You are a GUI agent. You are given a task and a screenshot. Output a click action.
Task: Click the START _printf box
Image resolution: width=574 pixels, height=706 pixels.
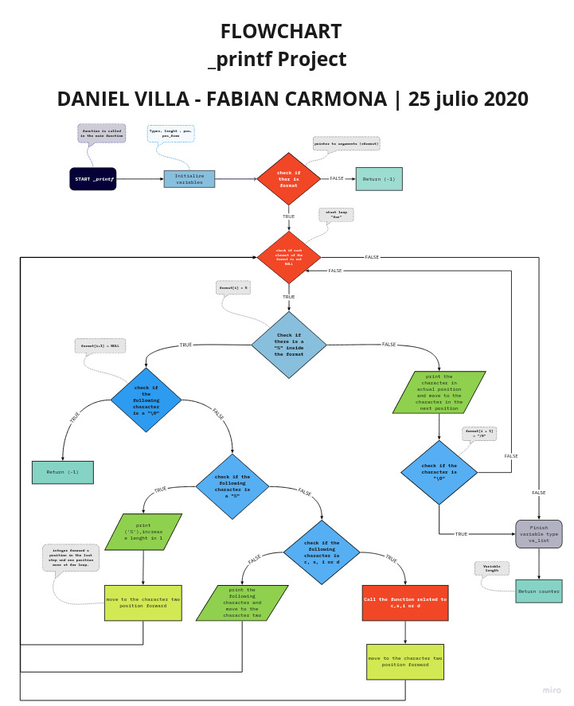pos(93,179)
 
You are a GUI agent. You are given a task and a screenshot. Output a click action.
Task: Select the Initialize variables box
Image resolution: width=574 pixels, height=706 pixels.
pos(189,179)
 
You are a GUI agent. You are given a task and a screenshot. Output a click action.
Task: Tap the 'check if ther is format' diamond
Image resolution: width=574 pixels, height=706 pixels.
pos(288,179)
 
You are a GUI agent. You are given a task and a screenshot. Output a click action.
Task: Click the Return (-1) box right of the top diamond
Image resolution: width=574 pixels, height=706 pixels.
pos(379,179)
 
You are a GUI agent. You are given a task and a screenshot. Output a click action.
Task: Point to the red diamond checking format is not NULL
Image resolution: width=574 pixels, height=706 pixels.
pos(289,257)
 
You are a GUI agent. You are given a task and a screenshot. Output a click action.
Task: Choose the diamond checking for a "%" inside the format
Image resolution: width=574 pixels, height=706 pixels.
pos(289,345)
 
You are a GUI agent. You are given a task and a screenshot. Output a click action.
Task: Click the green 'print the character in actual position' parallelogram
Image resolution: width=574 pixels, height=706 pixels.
pos(439,392)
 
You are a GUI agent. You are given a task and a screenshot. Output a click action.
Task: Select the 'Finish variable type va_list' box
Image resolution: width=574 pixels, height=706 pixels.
pos(539,534)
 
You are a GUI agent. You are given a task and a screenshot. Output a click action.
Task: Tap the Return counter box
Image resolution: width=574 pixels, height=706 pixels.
pos(539,591)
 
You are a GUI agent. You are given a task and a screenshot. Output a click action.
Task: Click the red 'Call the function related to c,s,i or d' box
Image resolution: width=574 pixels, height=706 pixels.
pos(405,603)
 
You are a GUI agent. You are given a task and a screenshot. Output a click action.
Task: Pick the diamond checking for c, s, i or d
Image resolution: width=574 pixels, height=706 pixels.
pos(322,552)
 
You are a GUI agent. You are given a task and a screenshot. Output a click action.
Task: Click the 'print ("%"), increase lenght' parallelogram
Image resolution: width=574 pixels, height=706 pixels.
pos(143,532)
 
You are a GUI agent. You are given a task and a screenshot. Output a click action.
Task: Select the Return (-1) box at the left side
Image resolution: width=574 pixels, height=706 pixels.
pos(63,472)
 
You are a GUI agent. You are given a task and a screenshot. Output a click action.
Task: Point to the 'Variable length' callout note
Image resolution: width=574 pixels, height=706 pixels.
pos(492,568)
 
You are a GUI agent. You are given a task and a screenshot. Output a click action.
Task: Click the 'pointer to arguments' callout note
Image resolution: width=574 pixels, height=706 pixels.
pos(346,143)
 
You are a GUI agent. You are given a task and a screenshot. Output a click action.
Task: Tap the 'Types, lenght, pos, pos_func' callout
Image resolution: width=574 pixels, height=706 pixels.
pos(171,133)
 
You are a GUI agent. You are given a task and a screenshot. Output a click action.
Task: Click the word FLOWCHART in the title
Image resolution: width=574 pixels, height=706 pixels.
pos(281,32)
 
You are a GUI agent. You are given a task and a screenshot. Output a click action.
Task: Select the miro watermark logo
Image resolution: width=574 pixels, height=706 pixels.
pos(552,690)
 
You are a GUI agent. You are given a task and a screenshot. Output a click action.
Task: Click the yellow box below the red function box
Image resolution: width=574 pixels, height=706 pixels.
pos(405,661)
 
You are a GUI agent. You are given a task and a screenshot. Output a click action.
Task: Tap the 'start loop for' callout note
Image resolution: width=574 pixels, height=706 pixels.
pos(336,215)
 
